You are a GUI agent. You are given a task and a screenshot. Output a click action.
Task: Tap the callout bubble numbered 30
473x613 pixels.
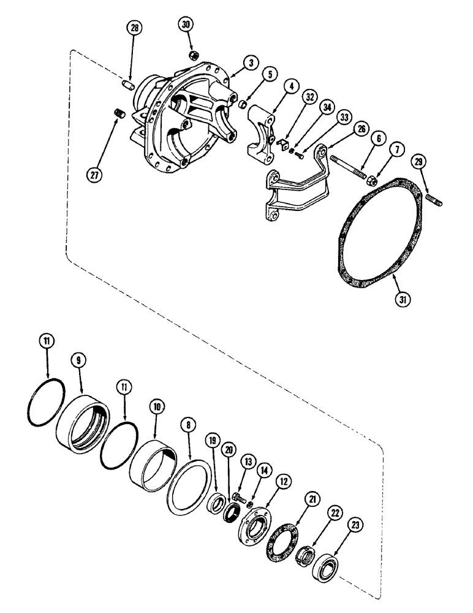pos(186,25)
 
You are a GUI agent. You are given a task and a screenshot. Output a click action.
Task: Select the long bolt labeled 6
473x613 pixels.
pos(349,167)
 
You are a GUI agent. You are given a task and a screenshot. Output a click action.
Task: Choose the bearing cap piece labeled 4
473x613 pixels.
pos(266,139)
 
